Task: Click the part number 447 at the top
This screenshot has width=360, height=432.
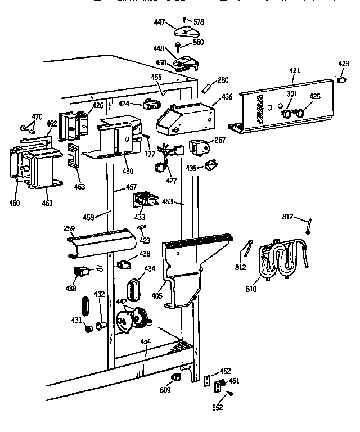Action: pos(159,22)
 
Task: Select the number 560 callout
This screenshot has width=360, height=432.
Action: pos(197,42)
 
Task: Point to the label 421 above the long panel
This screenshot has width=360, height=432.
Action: pos(295,70)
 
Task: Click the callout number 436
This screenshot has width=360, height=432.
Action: pos(227,97)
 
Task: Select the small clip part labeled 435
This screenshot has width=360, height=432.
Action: pos(211,165)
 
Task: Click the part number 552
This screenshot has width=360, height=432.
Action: pos(217,408)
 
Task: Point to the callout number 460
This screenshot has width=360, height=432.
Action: pos(15,202)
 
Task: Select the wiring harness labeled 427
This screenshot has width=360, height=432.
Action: pos(168,157)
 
